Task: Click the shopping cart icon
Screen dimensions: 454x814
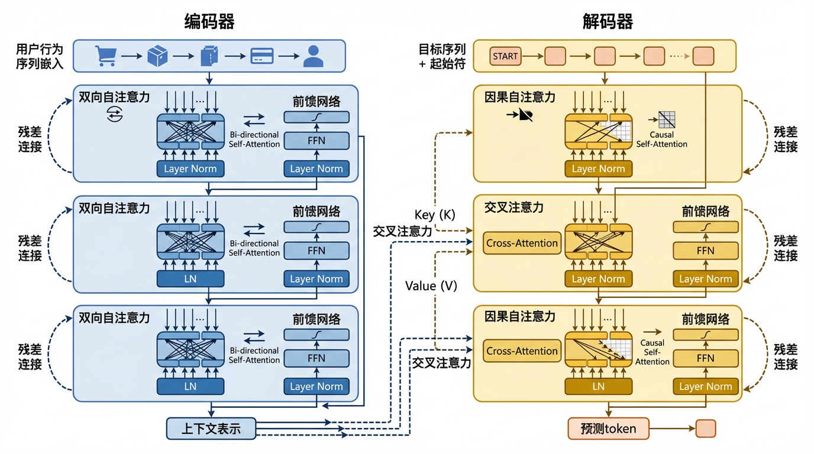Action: click(x=105, y=56)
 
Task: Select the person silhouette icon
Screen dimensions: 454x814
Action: click(x=313, y=56)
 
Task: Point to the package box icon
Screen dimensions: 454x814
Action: click(x=157, y=56)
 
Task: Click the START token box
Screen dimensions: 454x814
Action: click(x=505, y=57)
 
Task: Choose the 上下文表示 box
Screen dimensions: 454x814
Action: click(x=211, y=429)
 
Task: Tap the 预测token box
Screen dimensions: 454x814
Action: click(x=608, y=429)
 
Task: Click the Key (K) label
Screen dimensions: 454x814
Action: click(x=435, y=215)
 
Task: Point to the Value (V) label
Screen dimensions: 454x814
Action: click(x=431, y=286)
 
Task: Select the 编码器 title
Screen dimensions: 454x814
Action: click(x=209, y=22)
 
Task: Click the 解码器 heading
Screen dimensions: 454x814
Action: click(x=608, y=22)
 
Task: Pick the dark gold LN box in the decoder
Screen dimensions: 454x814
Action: click(x=598, y=387)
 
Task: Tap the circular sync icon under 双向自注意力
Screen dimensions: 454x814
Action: click(x=114, y=115)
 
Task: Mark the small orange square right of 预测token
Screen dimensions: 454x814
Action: click(x=706, y=429)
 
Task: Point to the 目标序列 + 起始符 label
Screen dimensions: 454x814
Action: click(x=442, y=56)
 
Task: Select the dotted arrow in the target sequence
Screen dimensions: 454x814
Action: click(x=679, y=57)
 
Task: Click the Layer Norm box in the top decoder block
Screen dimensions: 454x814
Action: click(x=598, y=169)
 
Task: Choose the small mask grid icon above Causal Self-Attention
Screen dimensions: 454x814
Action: click(x=667, y=120)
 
